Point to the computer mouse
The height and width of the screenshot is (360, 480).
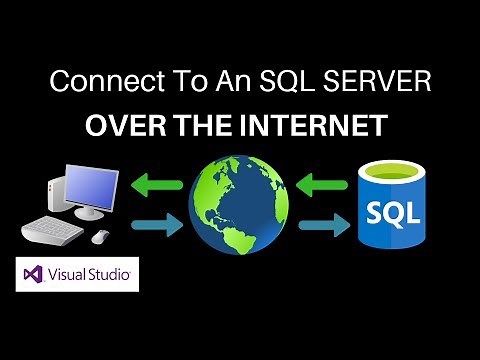[101, 236]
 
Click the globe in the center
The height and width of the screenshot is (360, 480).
[240, 204]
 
